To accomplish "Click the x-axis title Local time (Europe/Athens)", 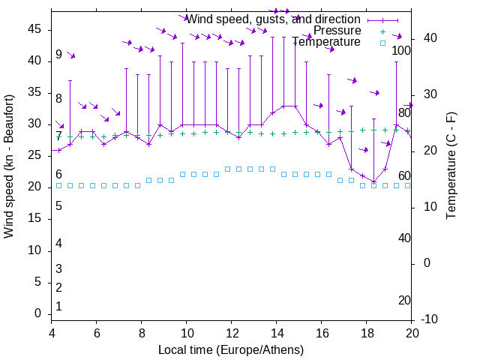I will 231,349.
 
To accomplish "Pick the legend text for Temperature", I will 326,42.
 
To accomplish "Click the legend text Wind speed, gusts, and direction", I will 273,19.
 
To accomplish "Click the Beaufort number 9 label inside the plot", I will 58,55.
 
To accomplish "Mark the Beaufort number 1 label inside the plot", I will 58,307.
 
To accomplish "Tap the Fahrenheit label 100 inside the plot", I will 402,51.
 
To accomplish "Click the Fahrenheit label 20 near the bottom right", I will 404,301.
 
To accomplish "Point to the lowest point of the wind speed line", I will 373,181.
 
